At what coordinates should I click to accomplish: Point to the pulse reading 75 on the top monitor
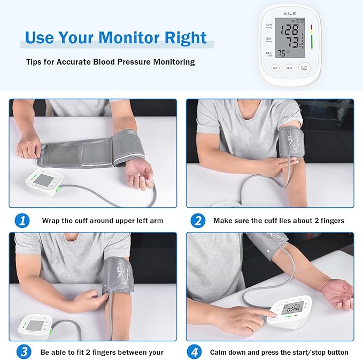(283, 53)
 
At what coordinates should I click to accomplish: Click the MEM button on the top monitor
(289, 68)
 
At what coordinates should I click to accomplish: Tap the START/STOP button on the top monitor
(304, 68)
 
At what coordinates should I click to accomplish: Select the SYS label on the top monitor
(268, 25)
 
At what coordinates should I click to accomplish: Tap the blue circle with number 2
(198, 220)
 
